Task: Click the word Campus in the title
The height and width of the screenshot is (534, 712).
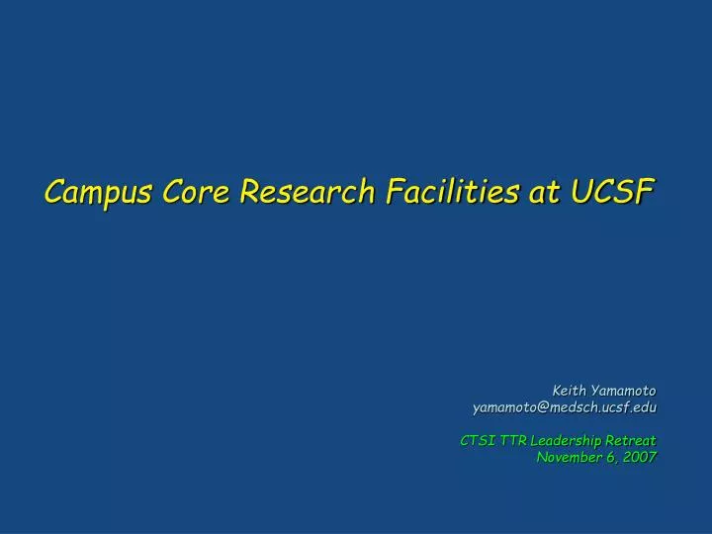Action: [96, 191]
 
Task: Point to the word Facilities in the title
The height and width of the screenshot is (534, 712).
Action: [451, 191]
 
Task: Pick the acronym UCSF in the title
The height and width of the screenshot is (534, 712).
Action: [614, 191]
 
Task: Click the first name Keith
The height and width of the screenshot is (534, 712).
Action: [571, 390]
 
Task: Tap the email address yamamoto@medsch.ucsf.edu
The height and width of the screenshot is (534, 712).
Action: [564, 406]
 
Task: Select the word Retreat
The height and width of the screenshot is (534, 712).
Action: [630, 440]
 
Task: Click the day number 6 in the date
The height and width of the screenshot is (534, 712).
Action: [610, 457]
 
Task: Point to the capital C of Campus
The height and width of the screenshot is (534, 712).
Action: [54, 191]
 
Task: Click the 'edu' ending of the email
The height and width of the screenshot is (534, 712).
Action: [645, 406]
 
